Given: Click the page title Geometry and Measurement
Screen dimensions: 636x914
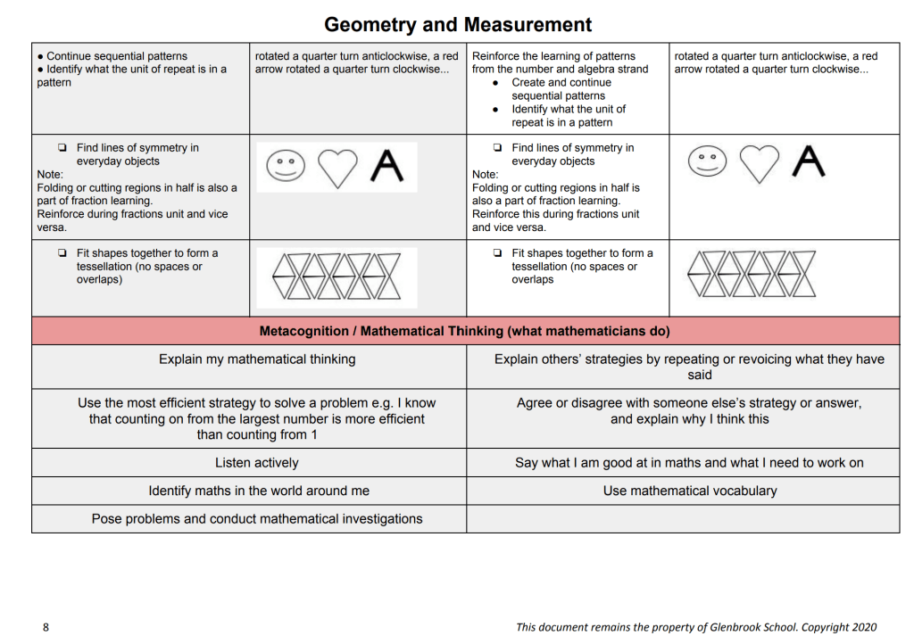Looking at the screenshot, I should tap(457, 24).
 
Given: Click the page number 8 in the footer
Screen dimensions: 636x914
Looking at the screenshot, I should tap(46, 627).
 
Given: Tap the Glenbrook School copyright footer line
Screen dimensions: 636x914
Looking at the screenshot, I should tap(696, 627).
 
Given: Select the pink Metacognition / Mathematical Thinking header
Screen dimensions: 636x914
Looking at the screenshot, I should tap(464, 331).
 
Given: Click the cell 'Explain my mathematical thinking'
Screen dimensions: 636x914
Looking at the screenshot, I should tap(257, 359).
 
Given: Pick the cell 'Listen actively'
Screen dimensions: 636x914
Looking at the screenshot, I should tap(257, 463).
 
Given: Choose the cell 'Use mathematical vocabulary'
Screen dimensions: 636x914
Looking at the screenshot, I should tap(690, 491).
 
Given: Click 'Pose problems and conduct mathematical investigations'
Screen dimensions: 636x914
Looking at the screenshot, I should tap(257, 519).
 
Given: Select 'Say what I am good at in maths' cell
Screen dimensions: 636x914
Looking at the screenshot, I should tap(689, 463).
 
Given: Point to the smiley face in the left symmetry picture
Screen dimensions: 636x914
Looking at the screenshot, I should tap(286, 166).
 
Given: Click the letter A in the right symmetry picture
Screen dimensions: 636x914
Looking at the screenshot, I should tap(808, 161).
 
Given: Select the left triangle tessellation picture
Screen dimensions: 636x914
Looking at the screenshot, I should tap(336, 276).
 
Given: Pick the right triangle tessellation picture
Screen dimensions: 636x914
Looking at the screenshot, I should tap(752, 275).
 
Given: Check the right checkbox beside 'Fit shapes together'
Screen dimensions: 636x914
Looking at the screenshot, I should tap(497, 253).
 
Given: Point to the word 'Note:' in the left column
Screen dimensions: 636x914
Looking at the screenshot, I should tap(50, 175).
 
